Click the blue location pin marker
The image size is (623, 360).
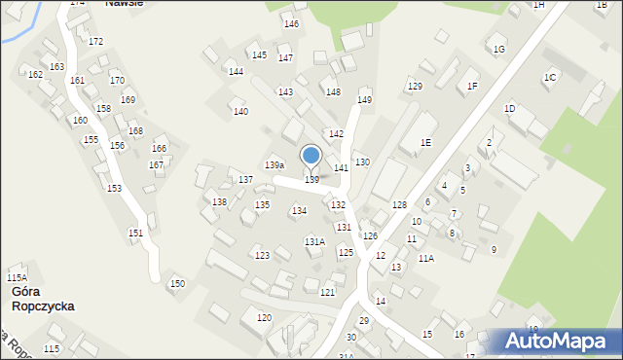[x=311, y=157]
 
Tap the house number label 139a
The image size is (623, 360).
[x=275, y=165]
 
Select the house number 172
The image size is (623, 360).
[x=95, y=42]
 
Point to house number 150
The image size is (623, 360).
[x=177, y=283]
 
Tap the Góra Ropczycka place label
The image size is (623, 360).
[x=42, y=299]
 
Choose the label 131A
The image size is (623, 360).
[x=314, y=241]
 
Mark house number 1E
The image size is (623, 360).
[x=425, y=143]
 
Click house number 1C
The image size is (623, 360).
[x=550, y=77]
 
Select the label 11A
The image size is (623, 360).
[x=426, y=258]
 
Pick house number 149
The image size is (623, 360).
[x=364, y=100]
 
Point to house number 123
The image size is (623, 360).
[x=262, y=256]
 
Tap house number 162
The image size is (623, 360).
[x=35, y=75]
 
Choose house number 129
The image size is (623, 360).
[x=415, y=87]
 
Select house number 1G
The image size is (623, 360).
[x=499, y=49]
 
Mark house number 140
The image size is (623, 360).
[x=240, y=112]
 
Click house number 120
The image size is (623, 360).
[x=264, y=318]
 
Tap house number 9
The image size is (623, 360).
[x=494, y=250]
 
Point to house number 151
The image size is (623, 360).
[x=135, y=233]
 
